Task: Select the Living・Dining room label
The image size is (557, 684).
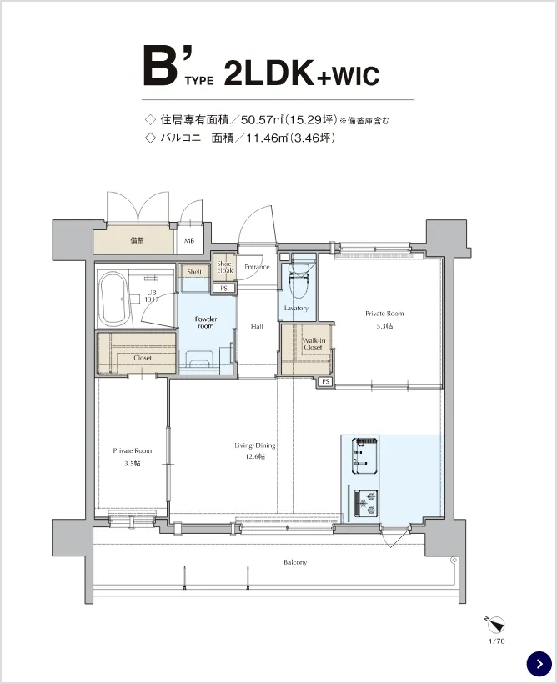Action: [x=254, y=450]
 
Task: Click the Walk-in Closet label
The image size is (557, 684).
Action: [x=313, y=344]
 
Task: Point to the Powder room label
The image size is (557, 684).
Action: [x=205, y=322]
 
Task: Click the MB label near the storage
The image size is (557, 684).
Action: [x=188, y=241]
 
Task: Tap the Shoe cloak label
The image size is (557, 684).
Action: [x=224, y=267]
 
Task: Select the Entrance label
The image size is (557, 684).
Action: [x=257, y=267]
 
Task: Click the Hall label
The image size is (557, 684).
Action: [x=257, y=326]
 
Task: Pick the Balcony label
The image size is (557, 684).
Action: [x=295, y=562]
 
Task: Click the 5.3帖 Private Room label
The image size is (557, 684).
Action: [x=384, y=319]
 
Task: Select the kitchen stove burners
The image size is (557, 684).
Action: [x=365, y=501]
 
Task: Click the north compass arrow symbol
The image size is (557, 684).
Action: [x=495, y=624]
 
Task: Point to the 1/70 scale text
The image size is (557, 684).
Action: [x=497, y=641]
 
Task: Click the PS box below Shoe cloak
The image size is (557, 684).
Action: [x=223, y=289]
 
